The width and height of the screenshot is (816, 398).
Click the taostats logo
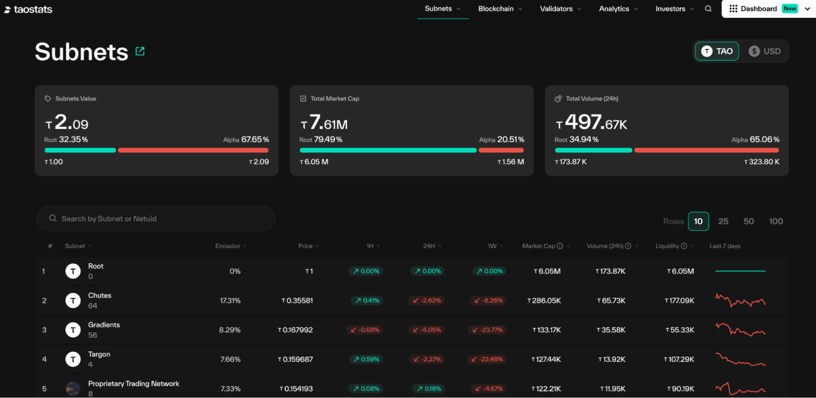click(x=29, y=10)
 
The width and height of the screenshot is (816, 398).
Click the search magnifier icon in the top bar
click(x=708, y=9)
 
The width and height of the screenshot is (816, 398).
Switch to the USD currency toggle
click(x=765, y=51)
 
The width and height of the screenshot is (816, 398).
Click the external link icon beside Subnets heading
click(x=140, y=51)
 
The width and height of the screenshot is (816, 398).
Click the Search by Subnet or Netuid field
click(x=156, y=218)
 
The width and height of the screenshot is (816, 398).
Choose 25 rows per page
click(x=723, y=221)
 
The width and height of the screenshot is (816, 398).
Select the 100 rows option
click(x=776, y=221)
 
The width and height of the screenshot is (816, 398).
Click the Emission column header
click(x=228, y=246)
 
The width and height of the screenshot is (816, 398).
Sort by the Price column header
click(x=306, y=246)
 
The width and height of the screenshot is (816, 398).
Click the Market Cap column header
click(x=538, y=246)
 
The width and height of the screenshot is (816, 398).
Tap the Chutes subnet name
click(x=100, y=296)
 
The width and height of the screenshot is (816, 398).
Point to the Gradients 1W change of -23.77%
click(x=488, y=330)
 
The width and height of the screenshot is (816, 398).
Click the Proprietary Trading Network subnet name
click(x=133, y=384)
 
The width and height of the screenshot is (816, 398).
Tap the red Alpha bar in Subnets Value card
click(x=193, y=150)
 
